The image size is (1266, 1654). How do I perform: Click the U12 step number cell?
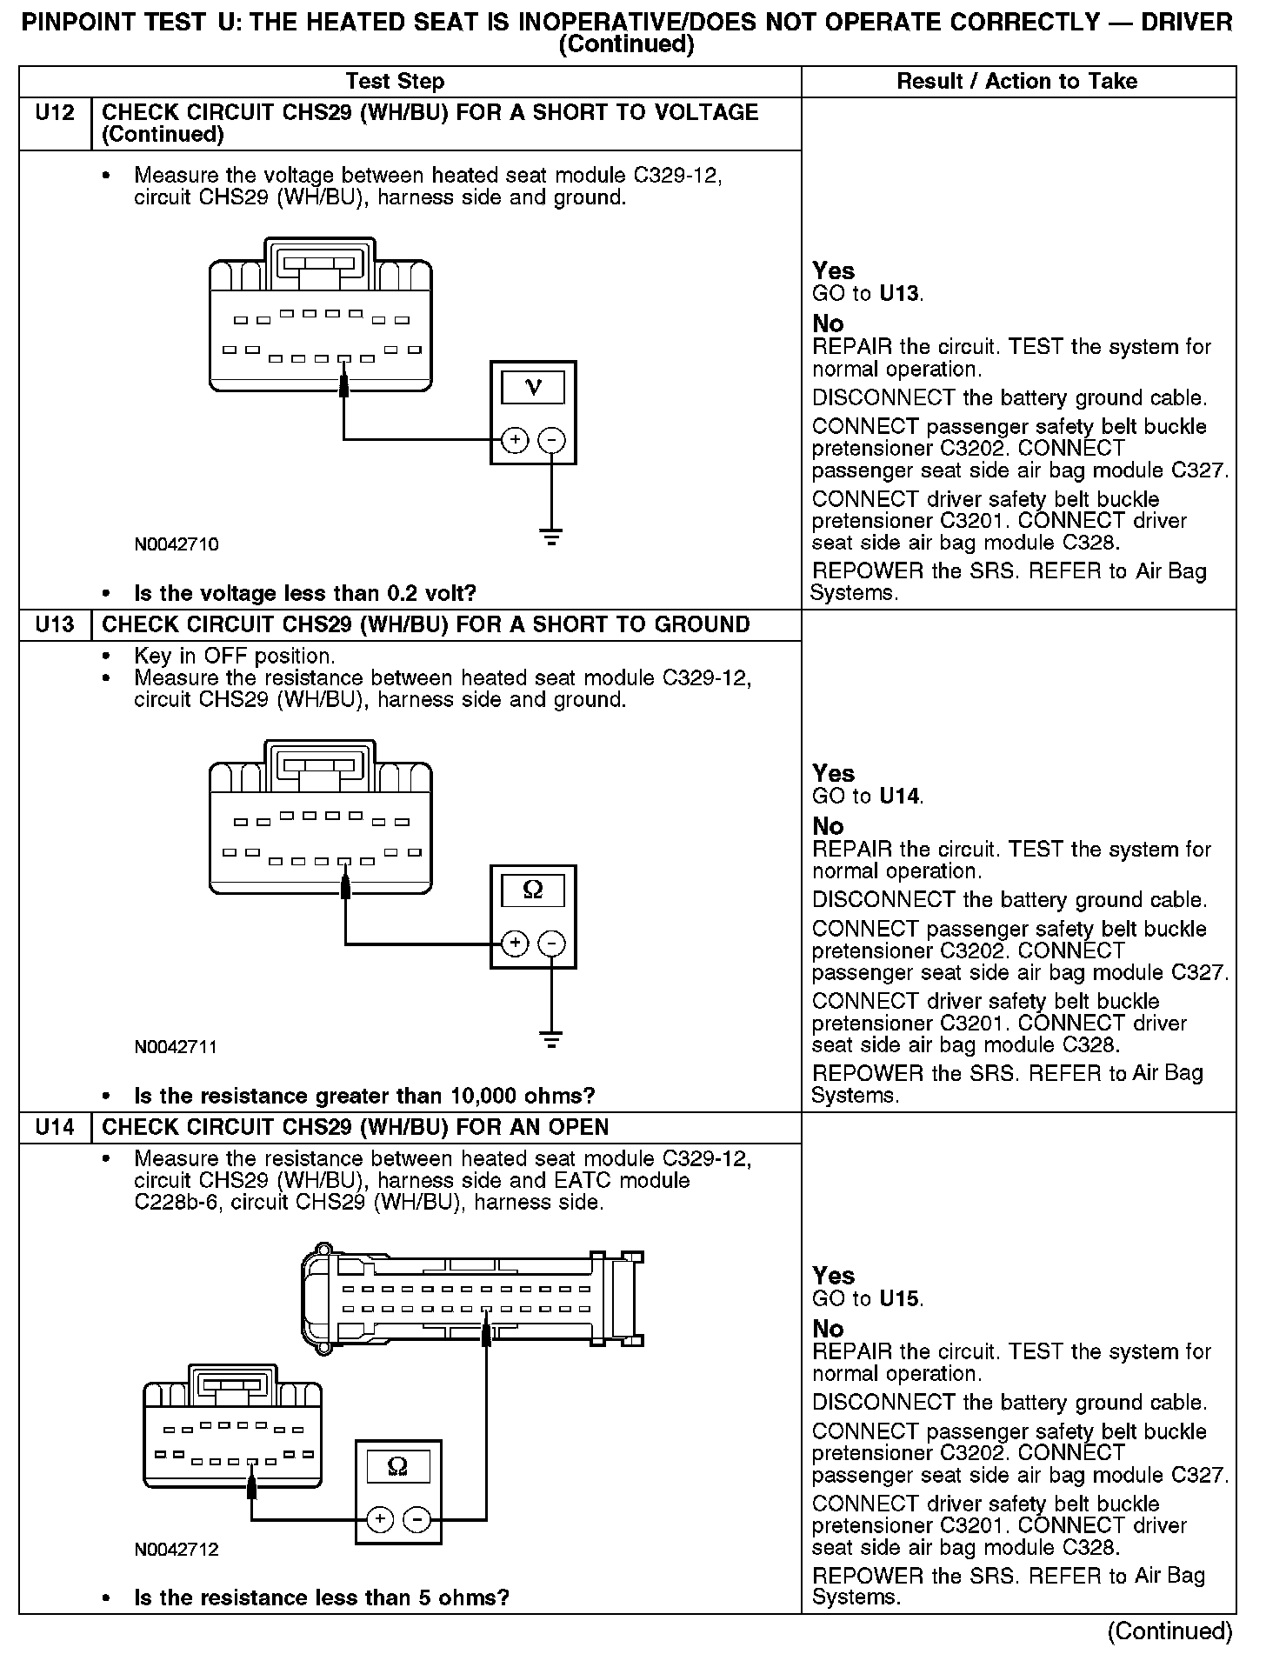(x=55, y=113)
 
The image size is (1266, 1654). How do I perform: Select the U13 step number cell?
(x=55, y=625)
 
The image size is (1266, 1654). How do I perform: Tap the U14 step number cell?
(x=55, y=1128)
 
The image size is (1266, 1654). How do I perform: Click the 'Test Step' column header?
(x=395, y=82)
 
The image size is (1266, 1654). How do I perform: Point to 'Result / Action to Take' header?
(x=1016, y=82)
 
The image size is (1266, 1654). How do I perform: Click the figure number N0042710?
(x=177, y=545)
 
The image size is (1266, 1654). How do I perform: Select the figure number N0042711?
(x=177, y=1047)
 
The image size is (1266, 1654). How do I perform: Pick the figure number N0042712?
(x=177, y=1550)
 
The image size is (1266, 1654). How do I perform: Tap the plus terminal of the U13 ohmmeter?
(x=515, y=944)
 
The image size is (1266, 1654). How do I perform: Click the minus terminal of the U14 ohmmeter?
(x=418, y=1519)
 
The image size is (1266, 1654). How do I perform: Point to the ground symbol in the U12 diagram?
(x=551, y=537)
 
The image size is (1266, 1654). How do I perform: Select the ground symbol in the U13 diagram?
(x=551, y=1038)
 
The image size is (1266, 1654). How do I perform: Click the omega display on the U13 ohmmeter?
(x=533, y=890)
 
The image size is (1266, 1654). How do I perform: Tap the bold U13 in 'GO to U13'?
(x=900, y=294)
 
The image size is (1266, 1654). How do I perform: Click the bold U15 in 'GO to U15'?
(x=900, y=1299)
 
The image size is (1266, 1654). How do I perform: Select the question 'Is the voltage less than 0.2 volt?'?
(x=305, y=594)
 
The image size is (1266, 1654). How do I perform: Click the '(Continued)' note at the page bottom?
(x=1170, y=1631)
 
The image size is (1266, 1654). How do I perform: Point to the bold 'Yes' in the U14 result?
(x=833, y=1276)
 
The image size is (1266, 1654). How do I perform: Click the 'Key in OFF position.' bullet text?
(x=234, y=656)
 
